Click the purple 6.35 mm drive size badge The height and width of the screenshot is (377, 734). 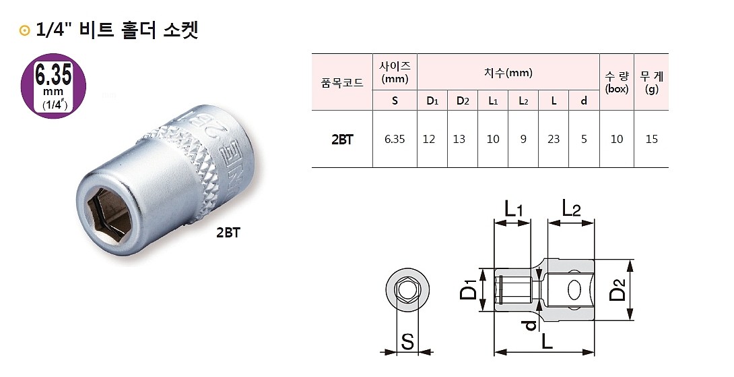pyautogui.click(x=54, y=84)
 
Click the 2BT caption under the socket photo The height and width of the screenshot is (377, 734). pyautogui.click(x=228, y=233)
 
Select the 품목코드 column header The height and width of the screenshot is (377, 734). pyautogui.click(x=342, y=82)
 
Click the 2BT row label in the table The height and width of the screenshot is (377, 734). pyautogui.click(x=342, y=140)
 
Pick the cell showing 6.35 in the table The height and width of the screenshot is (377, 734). pyautogui.click(x=395, y=140)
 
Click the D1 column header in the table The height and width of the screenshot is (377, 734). pyautogui.click(x=432, y=101)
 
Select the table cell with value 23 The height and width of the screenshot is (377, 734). pyautogui.click(x=554, y=140)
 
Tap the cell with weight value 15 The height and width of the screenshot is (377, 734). pyautogui.click(x=651, y=140)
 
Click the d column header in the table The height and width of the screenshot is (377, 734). pyautogui.click(x=584, y=101)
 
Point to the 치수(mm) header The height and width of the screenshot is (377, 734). pyautogui.click(x=508, y=73)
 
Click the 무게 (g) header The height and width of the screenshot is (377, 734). pyautogui.click(x=651, y=82)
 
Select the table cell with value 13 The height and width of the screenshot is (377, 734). pyautogui.click(x=463, y=140)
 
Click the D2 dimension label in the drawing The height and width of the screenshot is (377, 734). pyautogui.click(x=618, y=290)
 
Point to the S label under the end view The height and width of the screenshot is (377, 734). pyautogui.click(x=407, y=341)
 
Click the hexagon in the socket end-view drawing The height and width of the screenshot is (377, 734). pyautogui.click(x=407, y=291)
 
